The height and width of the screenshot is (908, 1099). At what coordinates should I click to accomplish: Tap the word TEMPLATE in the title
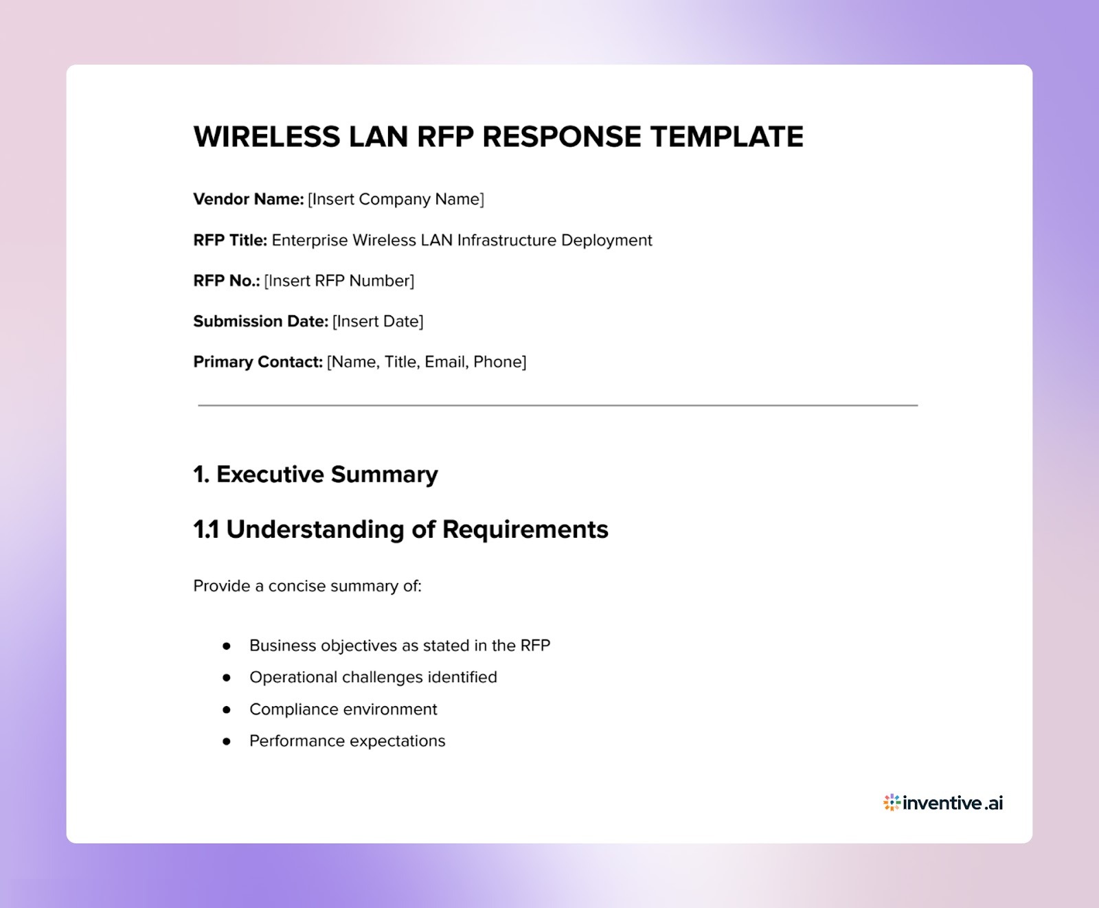pyautogui.click(x=726, y=137)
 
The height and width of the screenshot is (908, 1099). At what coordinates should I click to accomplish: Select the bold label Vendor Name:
pyautogui.click(x=248, y=199)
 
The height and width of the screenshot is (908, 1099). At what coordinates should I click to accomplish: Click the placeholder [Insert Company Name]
pyautogui.click(x=396, y=199)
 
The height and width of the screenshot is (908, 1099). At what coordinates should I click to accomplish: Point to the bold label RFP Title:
pyautogui.click(x=230, y=240)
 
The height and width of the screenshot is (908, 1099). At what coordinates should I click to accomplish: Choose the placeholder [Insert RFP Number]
pyautogui.click(x=339, y=281)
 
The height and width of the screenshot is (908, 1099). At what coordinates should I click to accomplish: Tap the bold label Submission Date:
pyautogui.click(x=260, y=321)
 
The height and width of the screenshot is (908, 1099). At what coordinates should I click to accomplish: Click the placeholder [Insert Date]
pyautogui.click(x=378, y=321)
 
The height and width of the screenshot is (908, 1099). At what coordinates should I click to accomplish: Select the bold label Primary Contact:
pyautogui.click(x=258, y=362)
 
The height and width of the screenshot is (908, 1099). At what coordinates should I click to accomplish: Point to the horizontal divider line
pyautogui.click(x=558, y=405)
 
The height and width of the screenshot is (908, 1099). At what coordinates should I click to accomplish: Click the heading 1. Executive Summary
pyautogui.click(x=315, y=475)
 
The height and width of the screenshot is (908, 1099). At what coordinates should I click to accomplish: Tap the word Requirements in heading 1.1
pyautogui.click(x=525, y=530)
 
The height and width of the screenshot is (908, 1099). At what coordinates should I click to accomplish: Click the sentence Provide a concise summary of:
pyautogui.click(x=307, y=586)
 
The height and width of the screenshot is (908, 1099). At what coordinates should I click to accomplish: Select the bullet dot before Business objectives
pyautogui.click(x=226, y=646)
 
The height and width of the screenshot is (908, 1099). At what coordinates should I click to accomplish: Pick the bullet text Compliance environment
pyautogui.click(x=343, y=710)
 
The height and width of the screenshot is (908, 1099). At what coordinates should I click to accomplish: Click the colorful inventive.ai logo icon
pyautogui.click(x=892, y=802)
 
